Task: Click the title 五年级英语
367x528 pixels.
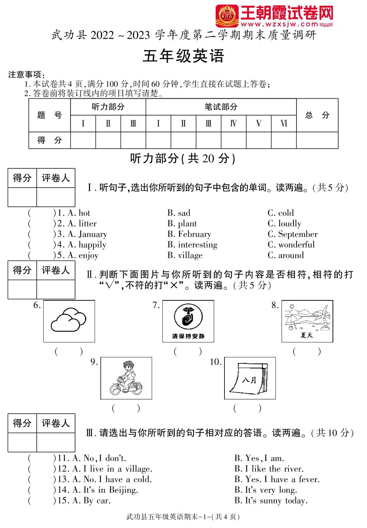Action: (x=183, y=56)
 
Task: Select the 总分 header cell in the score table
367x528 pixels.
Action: (x=317, y=115)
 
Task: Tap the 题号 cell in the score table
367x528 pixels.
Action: (x=49, y=115)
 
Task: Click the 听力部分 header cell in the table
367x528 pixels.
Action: (x=108, y=107)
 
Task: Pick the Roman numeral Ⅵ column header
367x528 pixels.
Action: (x=283, y=124)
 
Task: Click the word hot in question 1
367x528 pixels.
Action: (x=84, y=213)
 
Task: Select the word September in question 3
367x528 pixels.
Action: (x=298, y=234)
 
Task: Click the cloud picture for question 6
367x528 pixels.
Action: (x=69, y=321)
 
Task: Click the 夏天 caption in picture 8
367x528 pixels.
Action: (x=307, y=335)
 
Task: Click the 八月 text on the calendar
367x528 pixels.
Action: (x=249, y=380)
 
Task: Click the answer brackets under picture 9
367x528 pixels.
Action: (x=126, y=408)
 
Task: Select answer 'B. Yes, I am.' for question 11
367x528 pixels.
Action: (x=259, y=458)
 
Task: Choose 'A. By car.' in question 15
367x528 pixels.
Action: (x=92, y=500)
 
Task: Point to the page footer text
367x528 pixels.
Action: (x=183, y=517)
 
